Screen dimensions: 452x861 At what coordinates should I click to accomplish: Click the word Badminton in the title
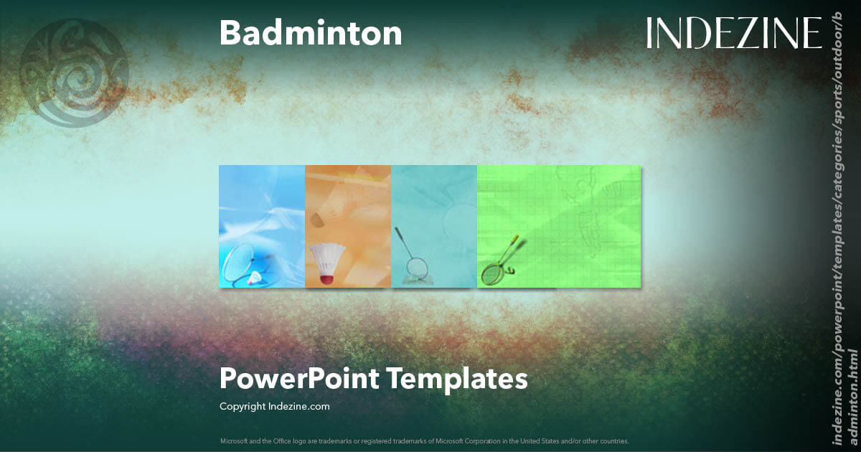[x=311, y=33]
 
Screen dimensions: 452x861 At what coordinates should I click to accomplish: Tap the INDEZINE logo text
[x=734, y=33]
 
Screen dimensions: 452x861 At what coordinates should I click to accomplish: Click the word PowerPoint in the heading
[x=299, y=378]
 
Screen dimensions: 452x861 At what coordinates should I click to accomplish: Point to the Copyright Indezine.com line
[x=275, y=406]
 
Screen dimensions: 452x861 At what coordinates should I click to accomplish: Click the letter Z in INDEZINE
[x=751, y=33]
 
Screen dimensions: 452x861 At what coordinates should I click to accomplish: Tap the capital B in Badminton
[x=230, y=33]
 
